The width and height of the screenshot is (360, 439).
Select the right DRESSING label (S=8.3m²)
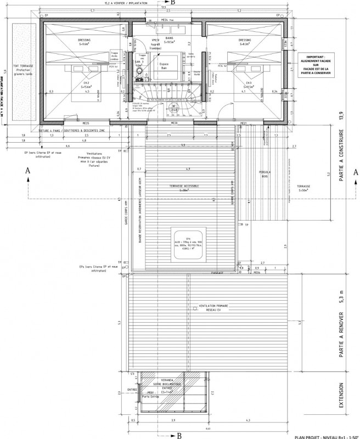(x=244, y=42)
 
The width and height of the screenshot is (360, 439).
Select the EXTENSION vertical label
(x=341, y=397)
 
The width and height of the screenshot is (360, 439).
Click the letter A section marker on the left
(x=27, y=171)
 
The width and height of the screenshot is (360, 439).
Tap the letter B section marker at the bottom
(x=179, y=434)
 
